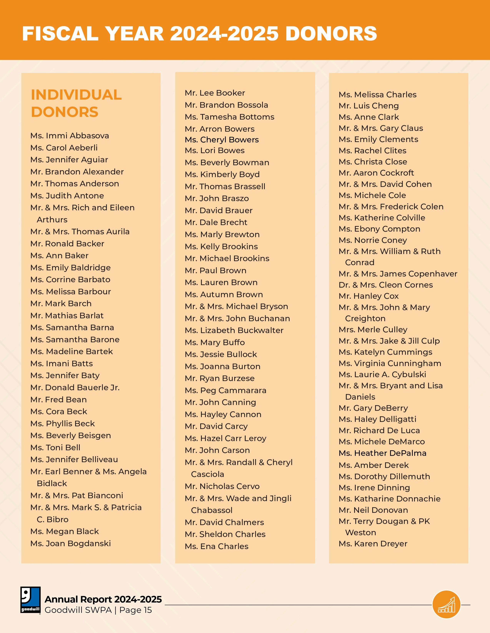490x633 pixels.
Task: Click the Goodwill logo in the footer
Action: pos(30,600)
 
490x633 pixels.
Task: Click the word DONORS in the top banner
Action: pos(331,34)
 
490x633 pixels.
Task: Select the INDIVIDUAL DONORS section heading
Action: pos(76,103)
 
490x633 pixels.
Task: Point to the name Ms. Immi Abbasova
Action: pos(70,136)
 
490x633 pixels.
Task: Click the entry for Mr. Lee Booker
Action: pos(215,93)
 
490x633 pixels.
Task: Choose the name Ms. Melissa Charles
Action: pos(377,95)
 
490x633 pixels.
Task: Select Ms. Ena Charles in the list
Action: pos(217,546)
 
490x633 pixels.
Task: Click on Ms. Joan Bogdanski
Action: pos(71,543)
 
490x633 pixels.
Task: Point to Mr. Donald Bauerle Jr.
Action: pos(75,387)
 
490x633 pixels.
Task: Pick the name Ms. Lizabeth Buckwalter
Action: pos(234,331)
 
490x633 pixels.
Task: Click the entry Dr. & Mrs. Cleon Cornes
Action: pos(385,285)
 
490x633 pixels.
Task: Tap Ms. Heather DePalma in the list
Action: pos(382,453)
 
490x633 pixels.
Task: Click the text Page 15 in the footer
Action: pos(135,610)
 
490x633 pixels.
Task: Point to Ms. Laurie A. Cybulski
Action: pos(382,374)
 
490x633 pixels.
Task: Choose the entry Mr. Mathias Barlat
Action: pos(67,316)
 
